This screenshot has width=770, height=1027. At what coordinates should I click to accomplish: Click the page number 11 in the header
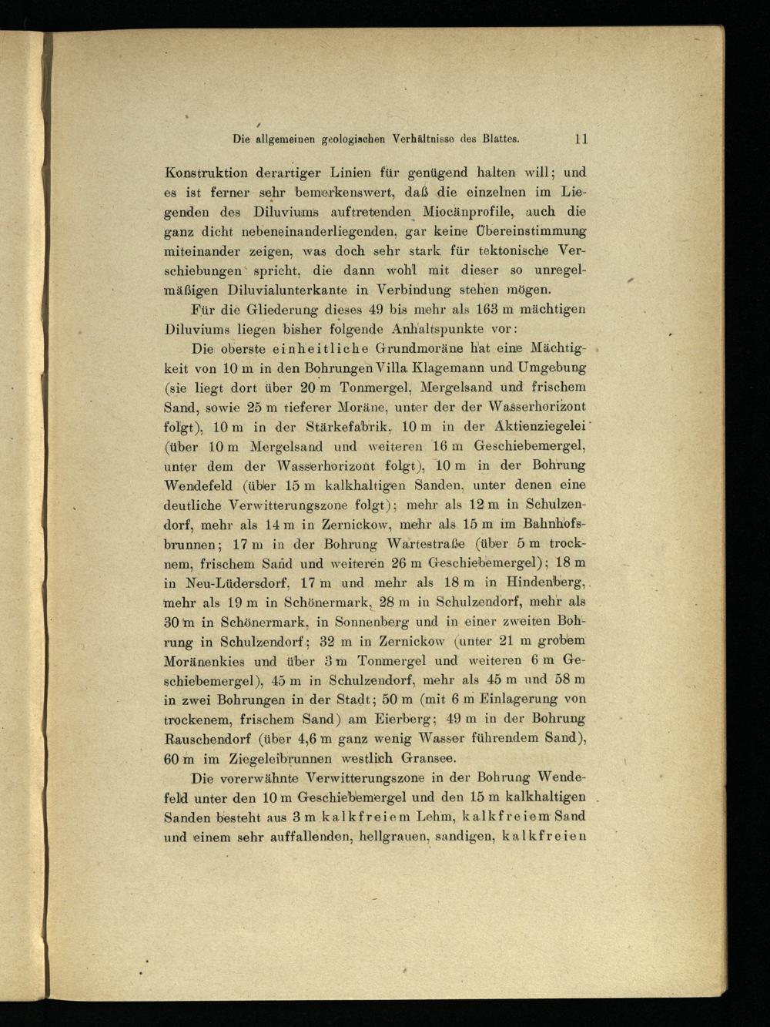click(x=581, y=139)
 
